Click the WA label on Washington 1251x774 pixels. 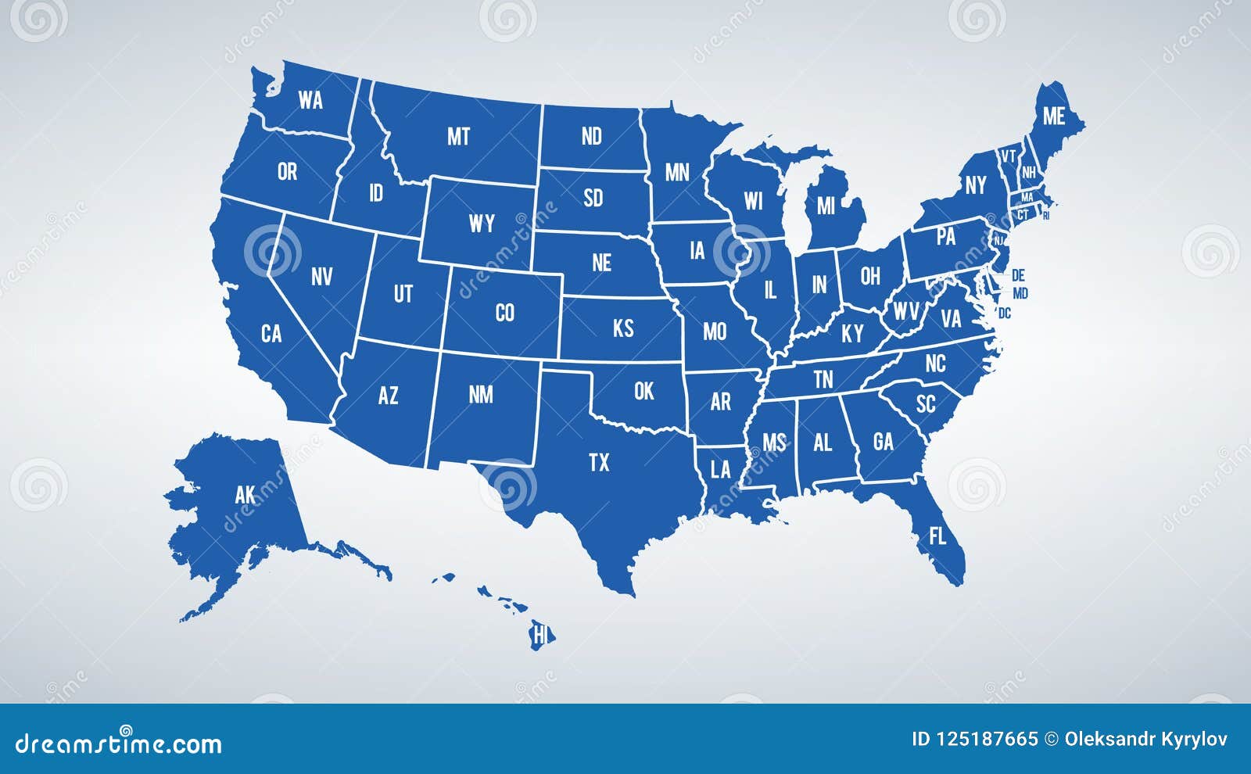pos(310,100)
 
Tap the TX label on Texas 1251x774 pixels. pos(599,463)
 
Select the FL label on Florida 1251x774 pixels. pos(937,536)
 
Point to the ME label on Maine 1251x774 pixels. pos(1054,116)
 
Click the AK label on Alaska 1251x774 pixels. pos(246,495)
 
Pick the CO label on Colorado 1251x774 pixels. pos(505,313)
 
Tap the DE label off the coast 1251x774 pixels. pos(1018,275)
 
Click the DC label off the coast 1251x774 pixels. pos(1005,314)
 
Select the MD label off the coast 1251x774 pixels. pos(1020,294)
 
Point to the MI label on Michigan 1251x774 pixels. pos(826,206)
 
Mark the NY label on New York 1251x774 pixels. pos(975,185)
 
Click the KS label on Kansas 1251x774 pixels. pos(623,328)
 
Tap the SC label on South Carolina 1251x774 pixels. pos(926,403)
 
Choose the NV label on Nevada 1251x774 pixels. pos(321,276)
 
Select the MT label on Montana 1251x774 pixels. pos(458,137)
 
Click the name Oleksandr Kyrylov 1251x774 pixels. pos(1145,739)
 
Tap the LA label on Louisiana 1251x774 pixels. pos(720,469)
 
